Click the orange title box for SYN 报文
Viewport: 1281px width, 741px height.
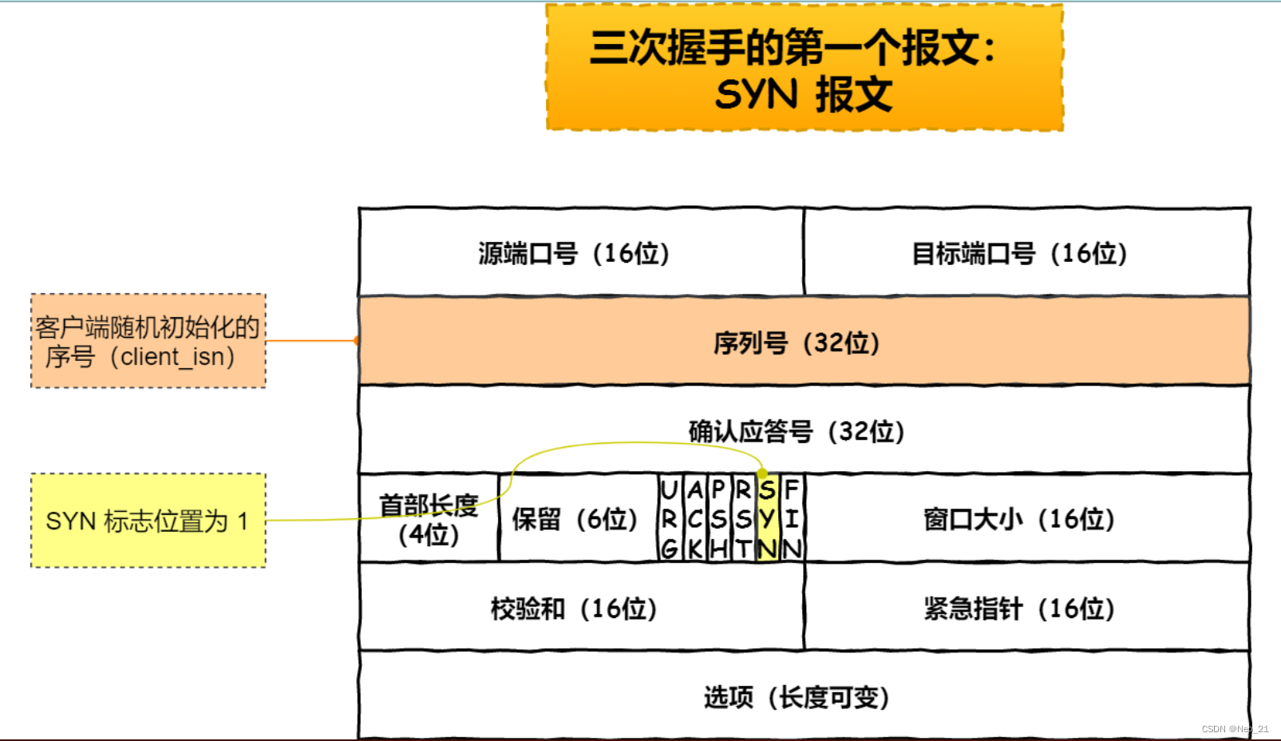pyautogui.click(x=805, y=68)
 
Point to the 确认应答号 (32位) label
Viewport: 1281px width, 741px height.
pyautogui.click(x=797, y=432)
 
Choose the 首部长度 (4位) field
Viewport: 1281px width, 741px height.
pyautogui.click(x=429, y=519)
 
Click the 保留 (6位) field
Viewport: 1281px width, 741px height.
pyautogui.click(x=576, y=519)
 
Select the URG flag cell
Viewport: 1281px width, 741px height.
pyautogui.click(x=670, y=519)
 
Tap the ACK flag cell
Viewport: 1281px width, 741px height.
pyautogui.click(x=695, y=519)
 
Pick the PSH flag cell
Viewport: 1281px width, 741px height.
pyautogui.click(x=719, y=519)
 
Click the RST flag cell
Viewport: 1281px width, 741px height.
pyautogui.click(x=744, y=519)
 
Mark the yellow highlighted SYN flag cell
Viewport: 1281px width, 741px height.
pyautogui.click(x=768, y=519)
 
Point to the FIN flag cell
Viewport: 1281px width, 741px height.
pyautogui.click(x=792, y=519)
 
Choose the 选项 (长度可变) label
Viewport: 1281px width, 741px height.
pyautogui.click(x=797, y=697)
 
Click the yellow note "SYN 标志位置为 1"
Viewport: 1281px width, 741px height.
pyautogui.click(x=148, y=521)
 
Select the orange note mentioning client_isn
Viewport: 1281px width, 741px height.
pyautogui.click(x=148, y=341)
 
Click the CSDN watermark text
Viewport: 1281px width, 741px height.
pyautogui.click(x=1235, y=729)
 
